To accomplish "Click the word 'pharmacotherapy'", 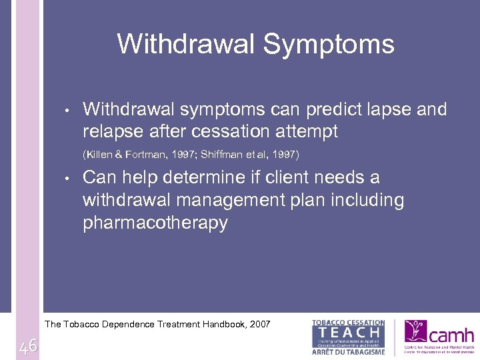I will (155, 223).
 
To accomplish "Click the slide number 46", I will (28, 346).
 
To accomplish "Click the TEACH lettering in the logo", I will (349, 332).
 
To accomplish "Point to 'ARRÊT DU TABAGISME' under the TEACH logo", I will (349, 351).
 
